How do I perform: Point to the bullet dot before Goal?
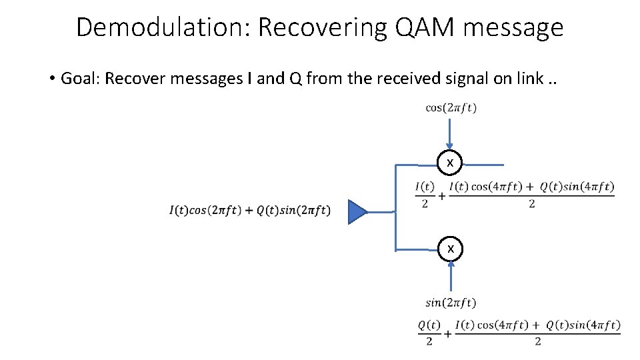[x=51, y=79]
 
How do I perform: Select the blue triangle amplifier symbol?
[x=357, y=212]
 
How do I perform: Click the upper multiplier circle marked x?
[x=451, y=163]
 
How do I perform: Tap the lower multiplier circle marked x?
[x=451, y=249]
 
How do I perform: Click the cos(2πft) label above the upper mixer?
[x=451, y=108]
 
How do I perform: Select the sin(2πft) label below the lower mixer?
[x=451, y=303]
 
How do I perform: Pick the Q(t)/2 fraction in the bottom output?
[x=429, y=332]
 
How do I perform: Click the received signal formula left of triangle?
[x=249, y=211]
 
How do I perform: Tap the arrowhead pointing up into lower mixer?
[x=451, y=265]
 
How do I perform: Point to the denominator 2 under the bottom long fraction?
[x=537, y=341]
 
